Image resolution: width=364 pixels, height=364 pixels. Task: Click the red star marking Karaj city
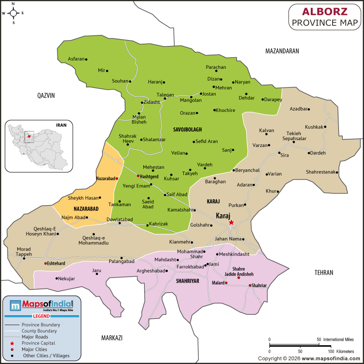pyautogui.click(x=231, y=222)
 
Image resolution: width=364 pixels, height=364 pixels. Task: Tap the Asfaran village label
pyautogui.click(x=76, y=59)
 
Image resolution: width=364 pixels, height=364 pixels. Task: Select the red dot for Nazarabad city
pyautogui.click(x=117, y=179)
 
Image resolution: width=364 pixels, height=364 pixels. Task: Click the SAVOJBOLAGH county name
pyautogui.click(x=187, y=130)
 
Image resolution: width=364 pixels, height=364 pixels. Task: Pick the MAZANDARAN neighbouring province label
pyautogui.click(x=282, y=51)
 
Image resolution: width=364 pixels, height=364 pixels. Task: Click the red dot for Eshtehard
pyautogui.click(x=45, y=263)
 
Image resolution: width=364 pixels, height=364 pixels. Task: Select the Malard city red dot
pyautogui.click(x=226, y=283)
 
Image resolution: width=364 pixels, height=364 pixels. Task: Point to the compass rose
pyautogui.click(x=13, y=13)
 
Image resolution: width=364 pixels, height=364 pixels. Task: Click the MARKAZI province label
pyautogui.click(x=112, y=338)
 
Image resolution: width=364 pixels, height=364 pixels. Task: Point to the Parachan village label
pyautogui.click(x=216, y=67)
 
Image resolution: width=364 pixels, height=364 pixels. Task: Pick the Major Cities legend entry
pyautogui.click(x=35, y=349)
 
